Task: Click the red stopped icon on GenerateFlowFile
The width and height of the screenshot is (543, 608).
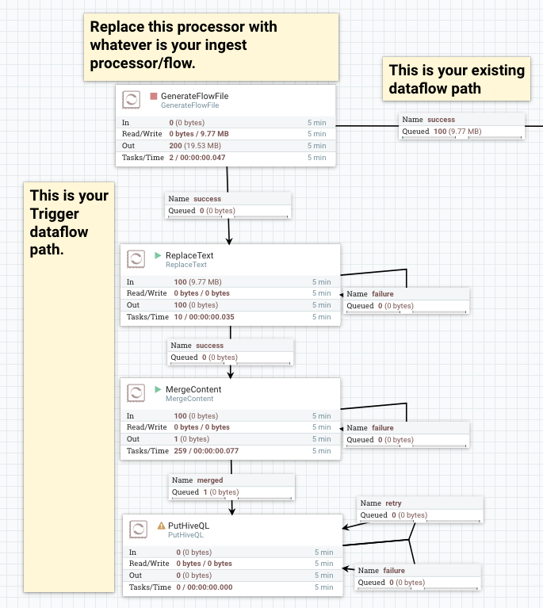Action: click(x=154, y=96)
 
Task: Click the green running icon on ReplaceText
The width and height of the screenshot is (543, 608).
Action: click(x=158, y=255)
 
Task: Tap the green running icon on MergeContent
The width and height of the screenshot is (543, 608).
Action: click(x=158, y=389)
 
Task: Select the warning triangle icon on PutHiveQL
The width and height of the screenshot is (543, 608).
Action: click(x=161, y=525)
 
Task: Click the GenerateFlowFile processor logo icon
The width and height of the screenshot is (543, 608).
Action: click(x=132, y=100)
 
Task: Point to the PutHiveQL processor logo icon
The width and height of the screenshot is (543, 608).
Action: click(x=140, y=529)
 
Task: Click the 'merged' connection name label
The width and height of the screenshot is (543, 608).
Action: click(x=209, y=480)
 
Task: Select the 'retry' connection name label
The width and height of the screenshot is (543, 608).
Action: click(x=393, y=503)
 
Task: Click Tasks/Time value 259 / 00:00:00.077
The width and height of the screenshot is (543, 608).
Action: click(x=201, y=451)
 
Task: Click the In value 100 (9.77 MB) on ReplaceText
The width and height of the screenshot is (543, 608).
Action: click(x=197, y=281)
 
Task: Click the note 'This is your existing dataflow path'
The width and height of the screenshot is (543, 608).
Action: click(x=457, y=79)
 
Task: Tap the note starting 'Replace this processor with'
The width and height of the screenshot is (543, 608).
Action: click(x=211, y=45)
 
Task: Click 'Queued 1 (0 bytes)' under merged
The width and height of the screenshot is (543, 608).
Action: click(x=205, y=492)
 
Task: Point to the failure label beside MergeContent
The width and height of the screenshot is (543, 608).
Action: click(x=382, y=428)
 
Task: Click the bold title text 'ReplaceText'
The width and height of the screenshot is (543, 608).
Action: click(x=189, y=255)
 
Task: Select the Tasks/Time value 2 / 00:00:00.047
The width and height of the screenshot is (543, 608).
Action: click(x=197, y=158)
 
